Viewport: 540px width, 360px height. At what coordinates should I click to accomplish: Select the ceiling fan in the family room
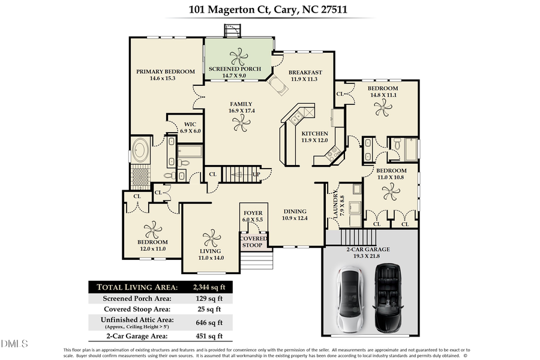[x=241, y=124]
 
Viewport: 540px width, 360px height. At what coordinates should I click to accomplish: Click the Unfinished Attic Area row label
[x=137, y=320]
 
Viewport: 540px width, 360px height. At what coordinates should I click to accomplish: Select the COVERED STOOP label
[x=254, y=242]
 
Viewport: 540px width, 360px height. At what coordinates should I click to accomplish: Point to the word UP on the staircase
[x=256, y=175]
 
